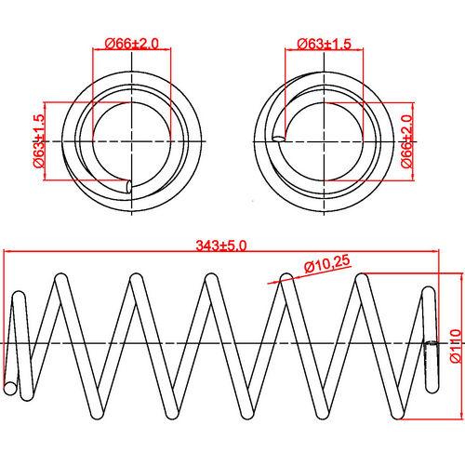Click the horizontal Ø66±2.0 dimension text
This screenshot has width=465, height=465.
tap(132, 43)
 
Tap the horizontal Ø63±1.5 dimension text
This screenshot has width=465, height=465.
tap(325, 43)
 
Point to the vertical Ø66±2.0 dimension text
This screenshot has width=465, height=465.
tap(407, 140)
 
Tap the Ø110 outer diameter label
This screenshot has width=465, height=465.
tap(455, 343)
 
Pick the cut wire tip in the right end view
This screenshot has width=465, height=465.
tap(277, 139)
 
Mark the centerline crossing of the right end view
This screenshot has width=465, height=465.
tap(322, 139)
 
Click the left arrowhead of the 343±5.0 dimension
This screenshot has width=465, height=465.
tap(8, 252)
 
